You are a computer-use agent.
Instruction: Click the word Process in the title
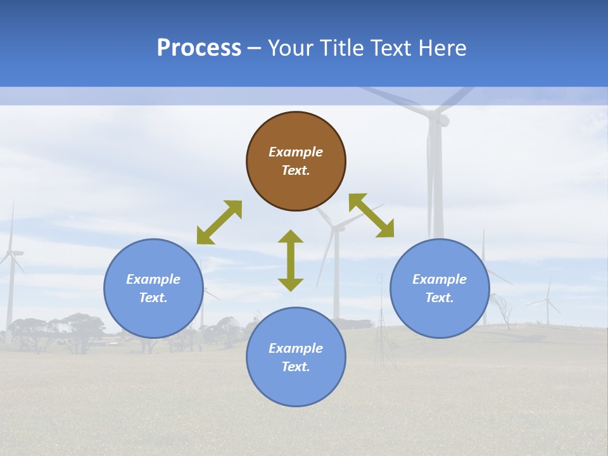pyautogui.click(x=199, y=48)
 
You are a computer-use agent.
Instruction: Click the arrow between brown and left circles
pyautogui.click(x=219, y=222)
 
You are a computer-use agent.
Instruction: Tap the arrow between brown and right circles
pyautogui.click(x=372, y=215)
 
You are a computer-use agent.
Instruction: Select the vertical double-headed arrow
pyautogui.click(x=291, y=260)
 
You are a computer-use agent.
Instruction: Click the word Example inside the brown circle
pyautogui.click(x=296, y=152)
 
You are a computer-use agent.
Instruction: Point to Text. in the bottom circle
pyautogui.click(x=296, y=367)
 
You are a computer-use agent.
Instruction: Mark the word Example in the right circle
pyautogui.click(x=440, y=279)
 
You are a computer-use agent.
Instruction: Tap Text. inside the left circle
pyautogui.click(x=153, y=298)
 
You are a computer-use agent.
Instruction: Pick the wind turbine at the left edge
pyautogui.click(x=10, y=260)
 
